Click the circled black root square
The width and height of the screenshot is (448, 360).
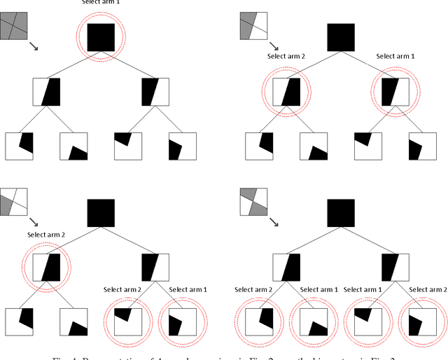click(101, 37)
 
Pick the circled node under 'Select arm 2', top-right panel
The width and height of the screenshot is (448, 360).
click(286, 91)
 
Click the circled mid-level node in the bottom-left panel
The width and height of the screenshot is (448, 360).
click(47, 267)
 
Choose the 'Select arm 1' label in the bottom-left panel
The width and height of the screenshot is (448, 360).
click(189, 289)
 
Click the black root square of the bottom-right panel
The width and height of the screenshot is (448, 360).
click(341, 213)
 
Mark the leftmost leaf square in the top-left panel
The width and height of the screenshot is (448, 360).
click(19, 146)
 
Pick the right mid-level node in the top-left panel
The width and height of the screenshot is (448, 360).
click(155, 91)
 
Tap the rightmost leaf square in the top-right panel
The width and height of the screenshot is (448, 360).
click(422, 146)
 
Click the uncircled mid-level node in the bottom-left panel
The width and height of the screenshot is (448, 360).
click(155, 267)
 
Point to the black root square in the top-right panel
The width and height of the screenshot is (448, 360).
click(341, 37)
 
